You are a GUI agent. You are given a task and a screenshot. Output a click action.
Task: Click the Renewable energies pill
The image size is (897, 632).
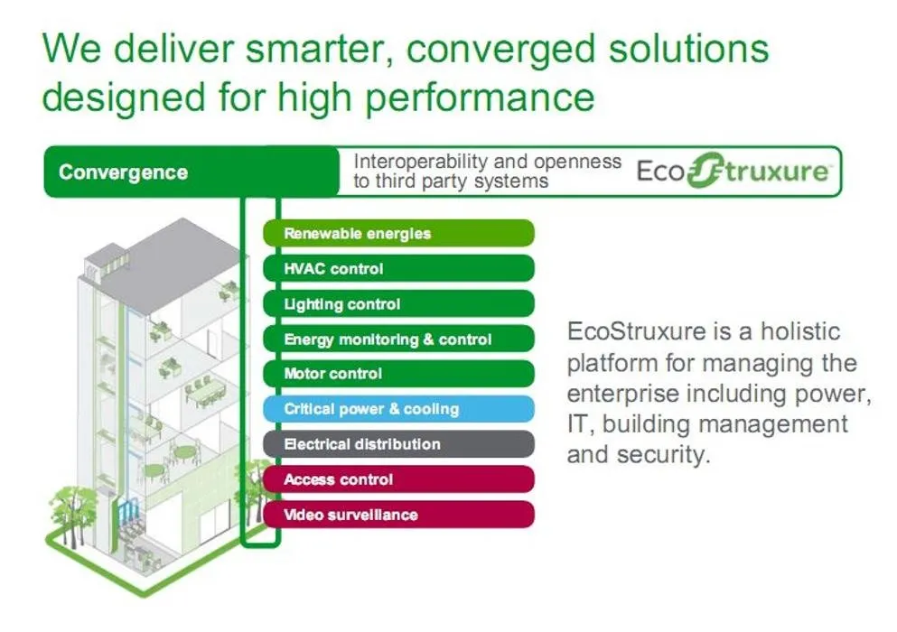pos(397,233)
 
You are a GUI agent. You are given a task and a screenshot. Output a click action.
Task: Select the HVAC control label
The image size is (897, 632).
pos(397,268)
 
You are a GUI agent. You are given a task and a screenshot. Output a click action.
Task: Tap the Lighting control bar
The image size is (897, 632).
pos(397,304)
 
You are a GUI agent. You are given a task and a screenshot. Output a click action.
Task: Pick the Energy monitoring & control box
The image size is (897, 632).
pos(397,339)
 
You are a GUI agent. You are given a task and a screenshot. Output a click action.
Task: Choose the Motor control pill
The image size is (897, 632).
pos(397,374)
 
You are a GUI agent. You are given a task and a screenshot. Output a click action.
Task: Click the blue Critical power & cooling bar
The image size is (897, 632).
pos(397,409)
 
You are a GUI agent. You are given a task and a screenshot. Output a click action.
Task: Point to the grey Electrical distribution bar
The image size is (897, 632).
pos(397,444)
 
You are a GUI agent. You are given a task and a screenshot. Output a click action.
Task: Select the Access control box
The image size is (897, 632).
pos(397,479)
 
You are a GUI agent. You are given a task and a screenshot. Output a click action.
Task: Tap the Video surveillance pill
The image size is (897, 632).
pos(397,515)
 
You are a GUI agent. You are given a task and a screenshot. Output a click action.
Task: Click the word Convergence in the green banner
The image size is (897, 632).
pos(123,172)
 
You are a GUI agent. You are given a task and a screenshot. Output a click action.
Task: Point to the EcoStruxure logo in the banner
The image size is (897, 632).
pos(732,172)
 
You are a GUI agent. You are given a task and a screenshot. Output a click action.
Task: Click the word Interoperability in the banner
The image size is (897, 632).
pos(420,162)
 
